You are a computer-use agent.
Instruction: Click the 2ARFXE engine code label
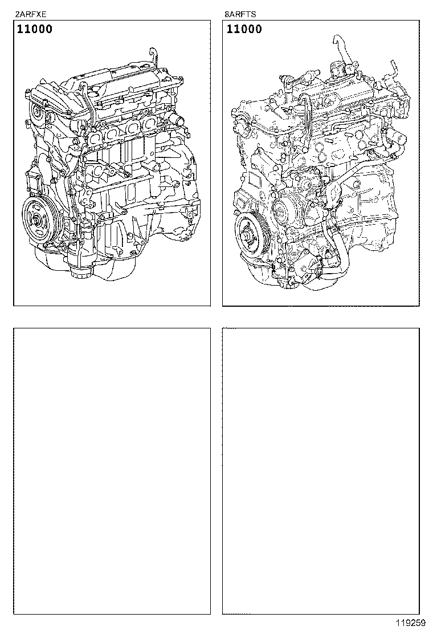tap(31, 15)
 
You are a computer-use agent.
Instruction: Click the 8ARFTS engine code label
tap(240, 15)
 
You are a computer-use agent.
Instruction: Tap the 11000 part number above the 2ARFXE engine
tap(34, 29)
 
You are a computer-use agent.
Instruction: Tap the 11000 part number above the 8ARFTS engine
tap(244, 29)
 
